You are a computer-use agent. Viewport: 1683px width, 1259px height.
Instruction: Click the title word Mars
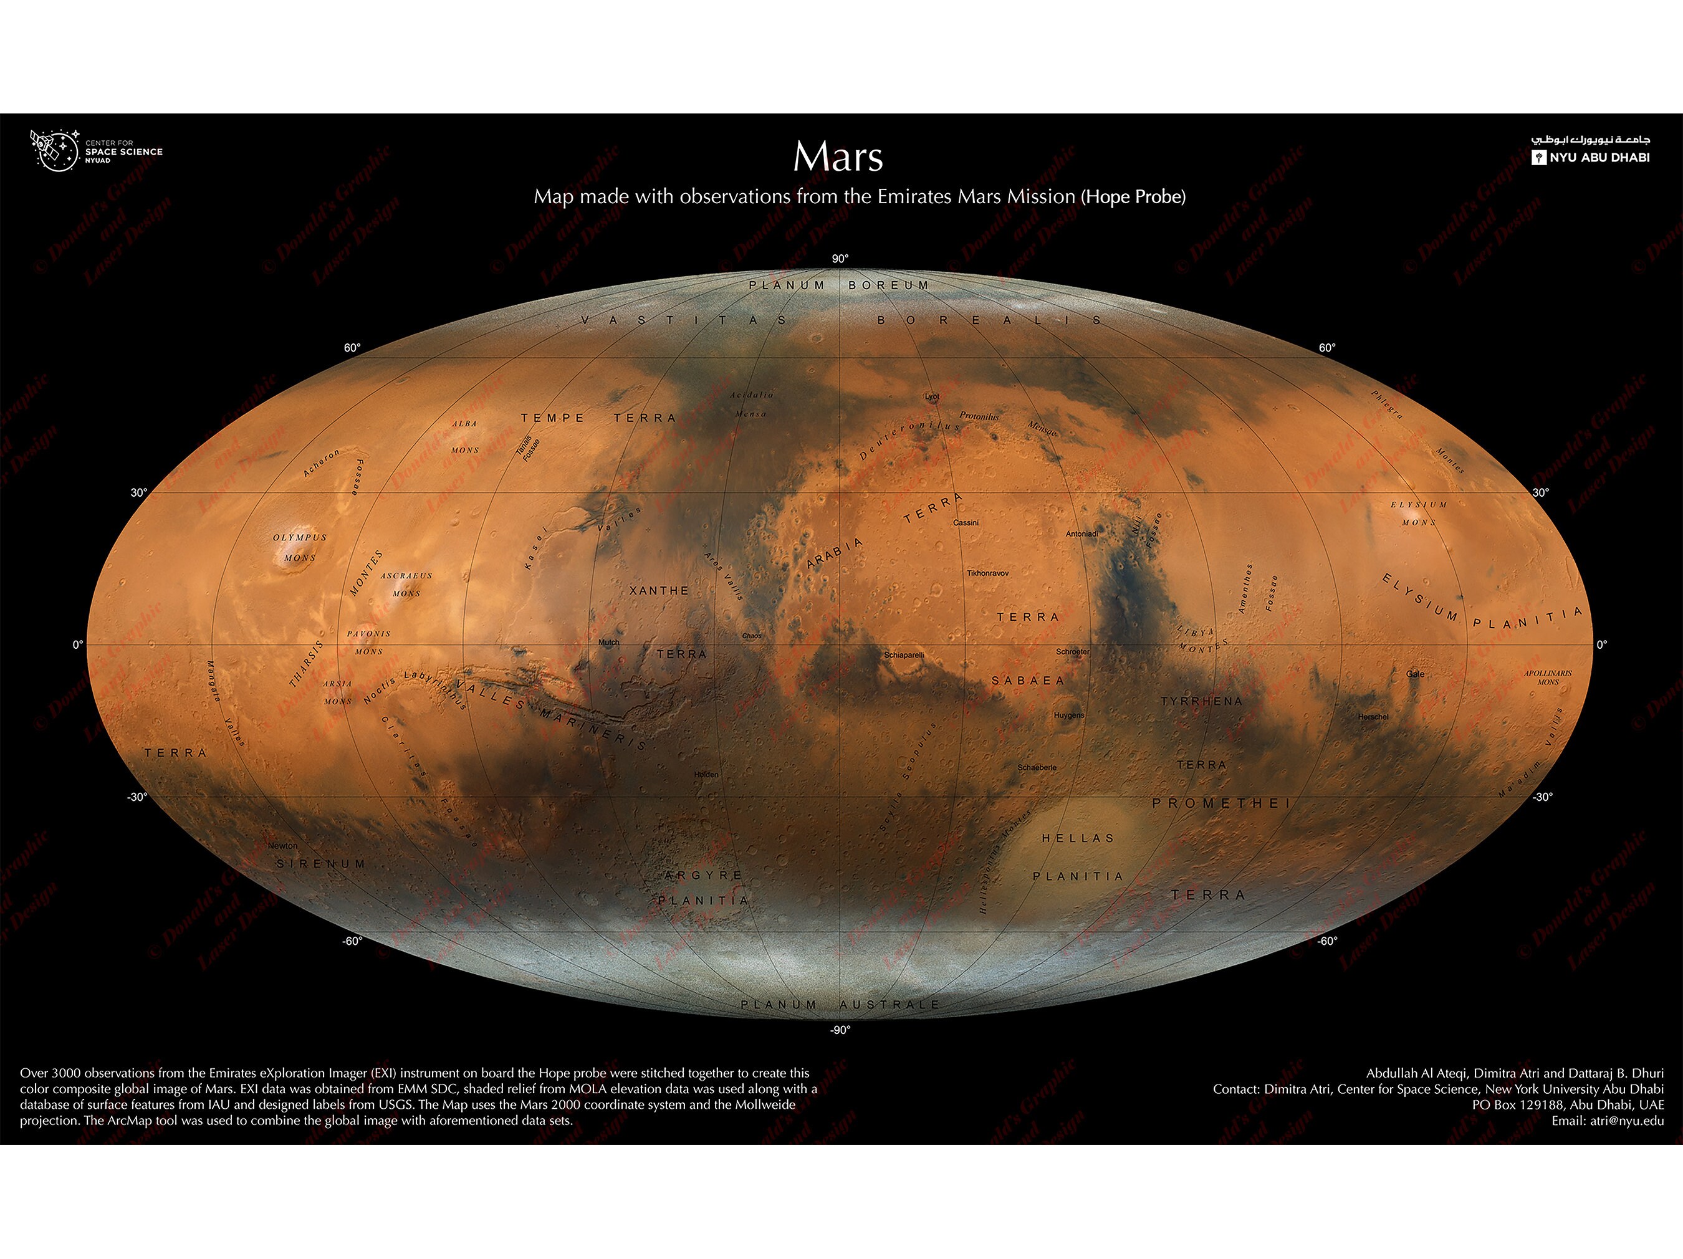838,158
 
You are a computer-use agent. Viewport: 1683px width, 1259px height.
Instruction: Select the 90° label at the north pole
840,259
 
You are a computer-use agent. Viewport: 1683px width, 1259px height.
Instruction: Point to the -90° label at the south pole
840,1030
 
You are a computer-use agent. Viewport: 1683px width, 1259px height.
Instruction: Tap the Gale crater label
1415,674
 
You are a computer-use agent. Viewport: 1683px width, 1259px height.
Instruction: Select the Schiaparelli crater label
904,655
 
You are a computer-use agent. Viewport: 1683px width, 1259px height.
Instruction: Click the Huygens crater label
1069,715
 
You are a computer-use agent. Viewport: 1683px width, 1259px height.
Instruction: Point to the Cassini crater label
966,523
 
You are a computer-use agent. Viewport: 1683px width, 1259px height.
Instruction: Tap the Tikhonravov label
987,573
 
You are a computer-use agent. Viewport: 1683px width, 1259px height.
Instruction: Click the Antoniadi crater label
1081,534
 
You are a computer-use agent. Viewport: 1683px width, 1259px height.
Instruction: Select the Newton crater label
282,846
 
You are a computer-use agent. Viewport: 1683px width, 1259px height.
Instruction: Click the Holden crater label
706,775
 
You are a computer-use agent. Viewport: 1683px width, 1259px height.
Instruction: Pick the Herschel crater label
1373,717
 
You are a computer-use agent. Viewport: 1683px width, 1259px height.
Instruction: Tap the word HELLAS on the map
1077,838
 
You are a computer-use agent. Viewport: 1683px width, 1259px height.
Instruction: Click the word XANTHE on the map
659,590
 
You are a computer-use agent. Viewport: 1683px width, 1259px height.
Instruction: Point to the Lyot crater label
932,396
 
